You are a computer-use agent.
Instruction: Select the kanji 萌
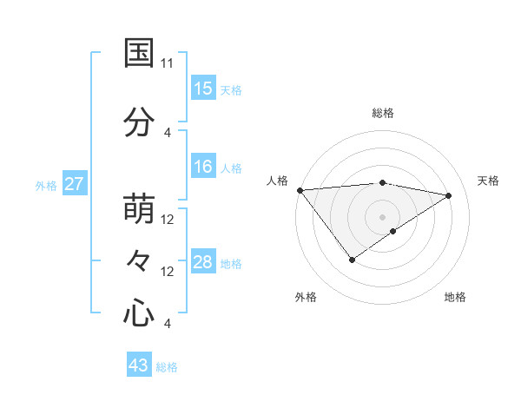[x=139, y=209]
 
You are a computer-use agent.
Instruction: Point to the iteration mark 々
[x=139, y=260]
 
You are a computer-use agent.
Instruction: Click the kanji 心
[x=139, y=313]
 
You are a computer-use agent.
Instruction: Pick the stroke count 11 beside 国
[x=168, y=63]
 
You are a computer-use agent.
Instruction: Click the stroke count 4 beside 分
[x=168, y=132]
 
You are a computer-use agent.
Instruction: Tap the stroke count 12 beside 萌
[x=168, y=220]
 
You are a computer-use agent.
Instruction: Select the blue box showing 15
[x=203, y=89]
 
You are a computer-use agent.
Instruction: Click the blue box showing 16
[x=203, y=167]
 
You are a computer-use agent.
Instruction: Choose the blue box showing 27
[x=75, y=184]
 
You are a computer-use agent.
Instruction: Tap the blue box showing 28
[x=203, y=262]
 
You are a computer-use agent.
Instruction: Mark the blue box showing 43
[x=139, y=365]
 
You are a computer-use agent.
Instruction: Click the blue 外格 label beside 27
[x=46, y=185]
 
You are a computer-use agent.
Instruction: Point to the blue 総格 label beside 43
[x=167, y=366]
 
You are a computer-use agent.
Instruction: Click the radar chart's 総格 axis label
[x=383, y=113]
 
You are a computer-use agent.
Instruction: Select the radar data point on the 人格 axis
[x=300, y=190]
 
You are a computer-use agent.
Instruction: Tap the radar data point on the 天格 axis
[x=449, y=195]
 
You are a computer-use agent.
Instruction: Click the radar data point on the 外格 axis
[x=352, y=260]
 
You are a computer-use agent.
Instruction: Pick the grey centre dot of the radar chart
[x=383, y=217]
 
